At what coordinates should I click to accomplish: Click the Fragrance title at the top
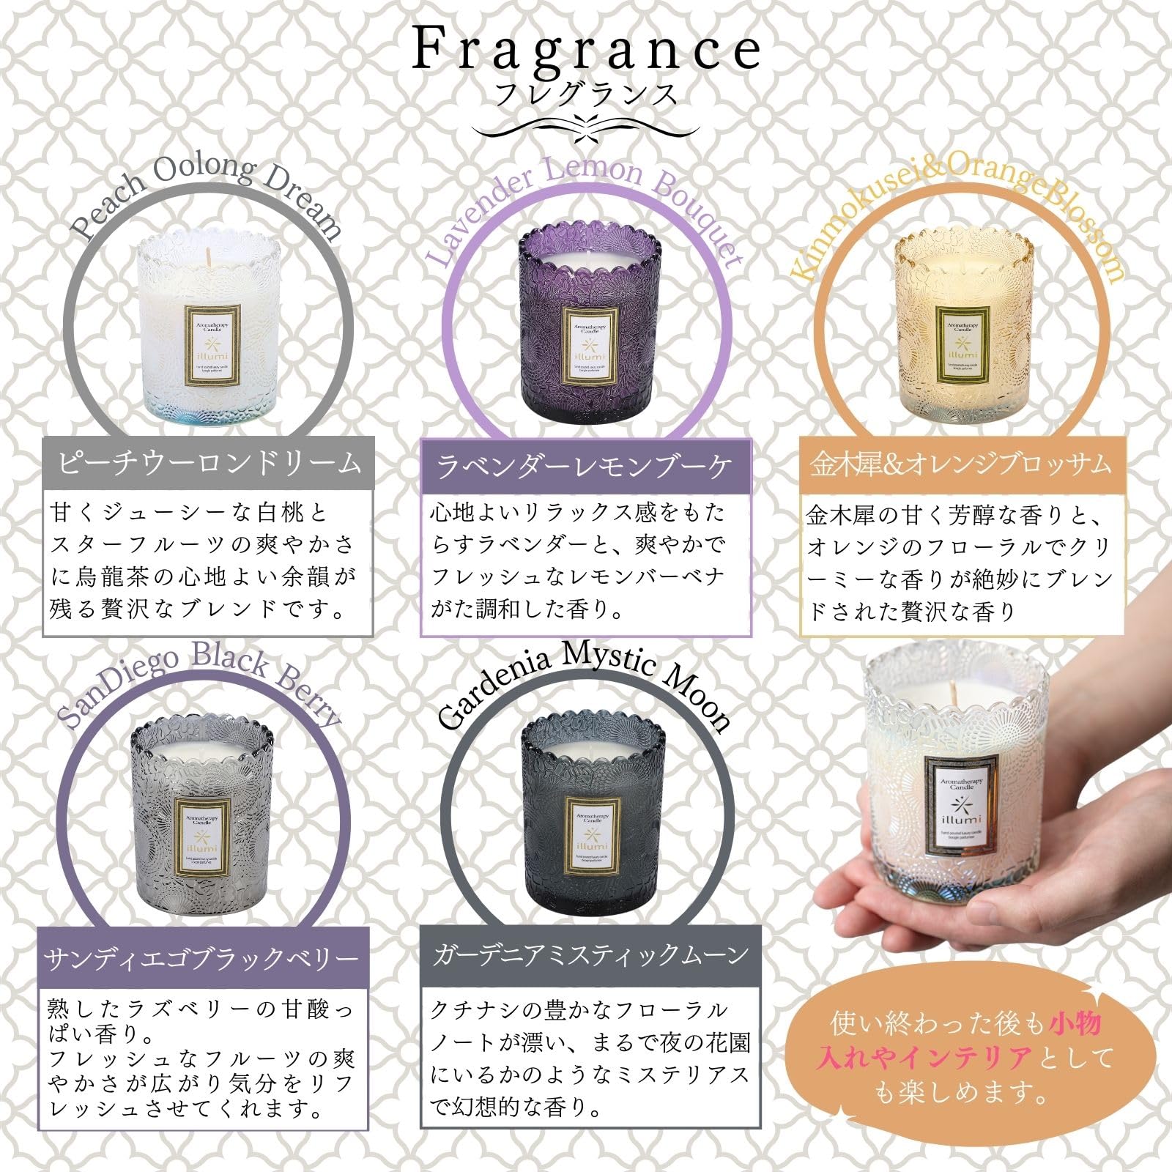point(586,50)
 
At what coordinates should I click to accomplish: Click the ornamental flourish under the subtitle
point(586,126)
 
